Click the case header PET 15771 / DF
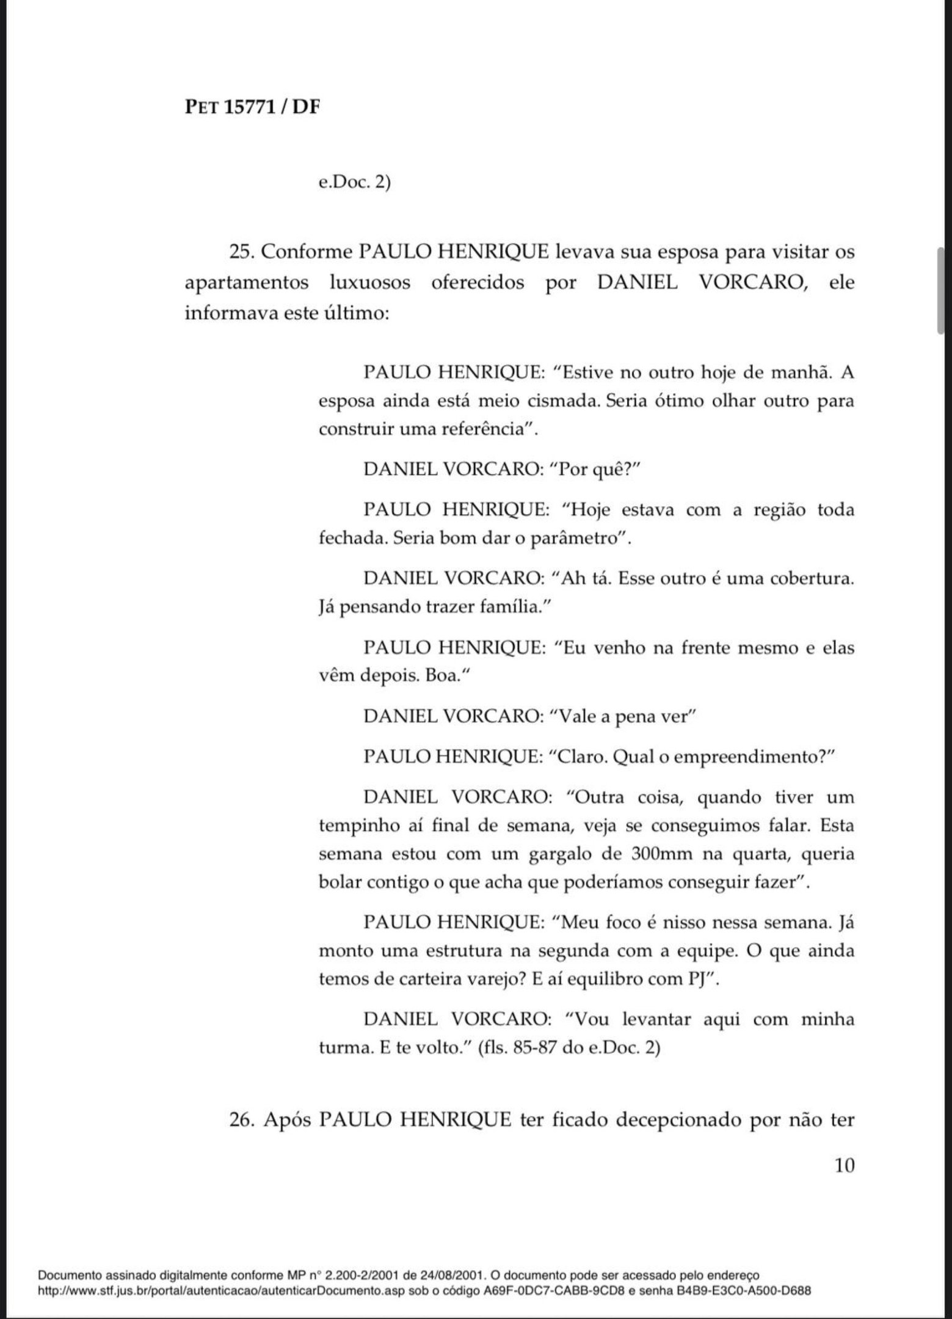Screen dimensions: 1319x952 [252, 107]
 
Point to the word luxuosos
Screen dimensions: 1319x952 [369, 283]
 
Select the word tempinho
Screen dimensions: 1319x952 [354, 826]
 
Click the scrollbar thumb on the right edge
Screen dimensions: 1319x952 [942, 291]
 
